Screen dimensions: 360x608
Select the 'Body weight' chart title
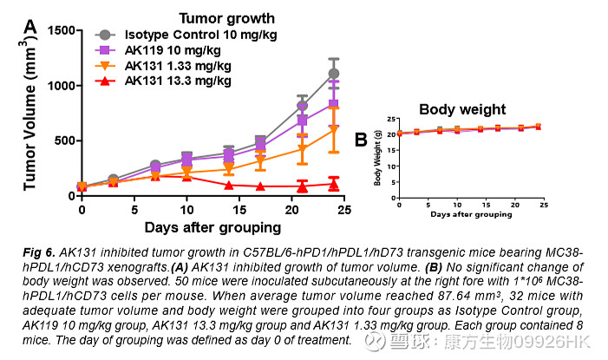tap(462, 109)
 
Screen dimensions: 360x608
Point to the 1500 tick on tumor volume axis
tap(60, 30)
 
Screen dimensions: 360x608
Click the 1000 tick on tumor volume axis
tap(60, 86)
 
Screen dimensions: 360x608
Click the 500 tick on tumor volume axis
tap(63, 141)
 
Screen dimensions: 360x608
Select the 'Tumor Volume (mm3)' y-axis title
tap(31, 109)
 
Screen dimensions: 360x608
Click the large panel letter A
tap(30, 27)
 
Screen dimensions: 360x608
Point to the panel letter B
tap(361, 139)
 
